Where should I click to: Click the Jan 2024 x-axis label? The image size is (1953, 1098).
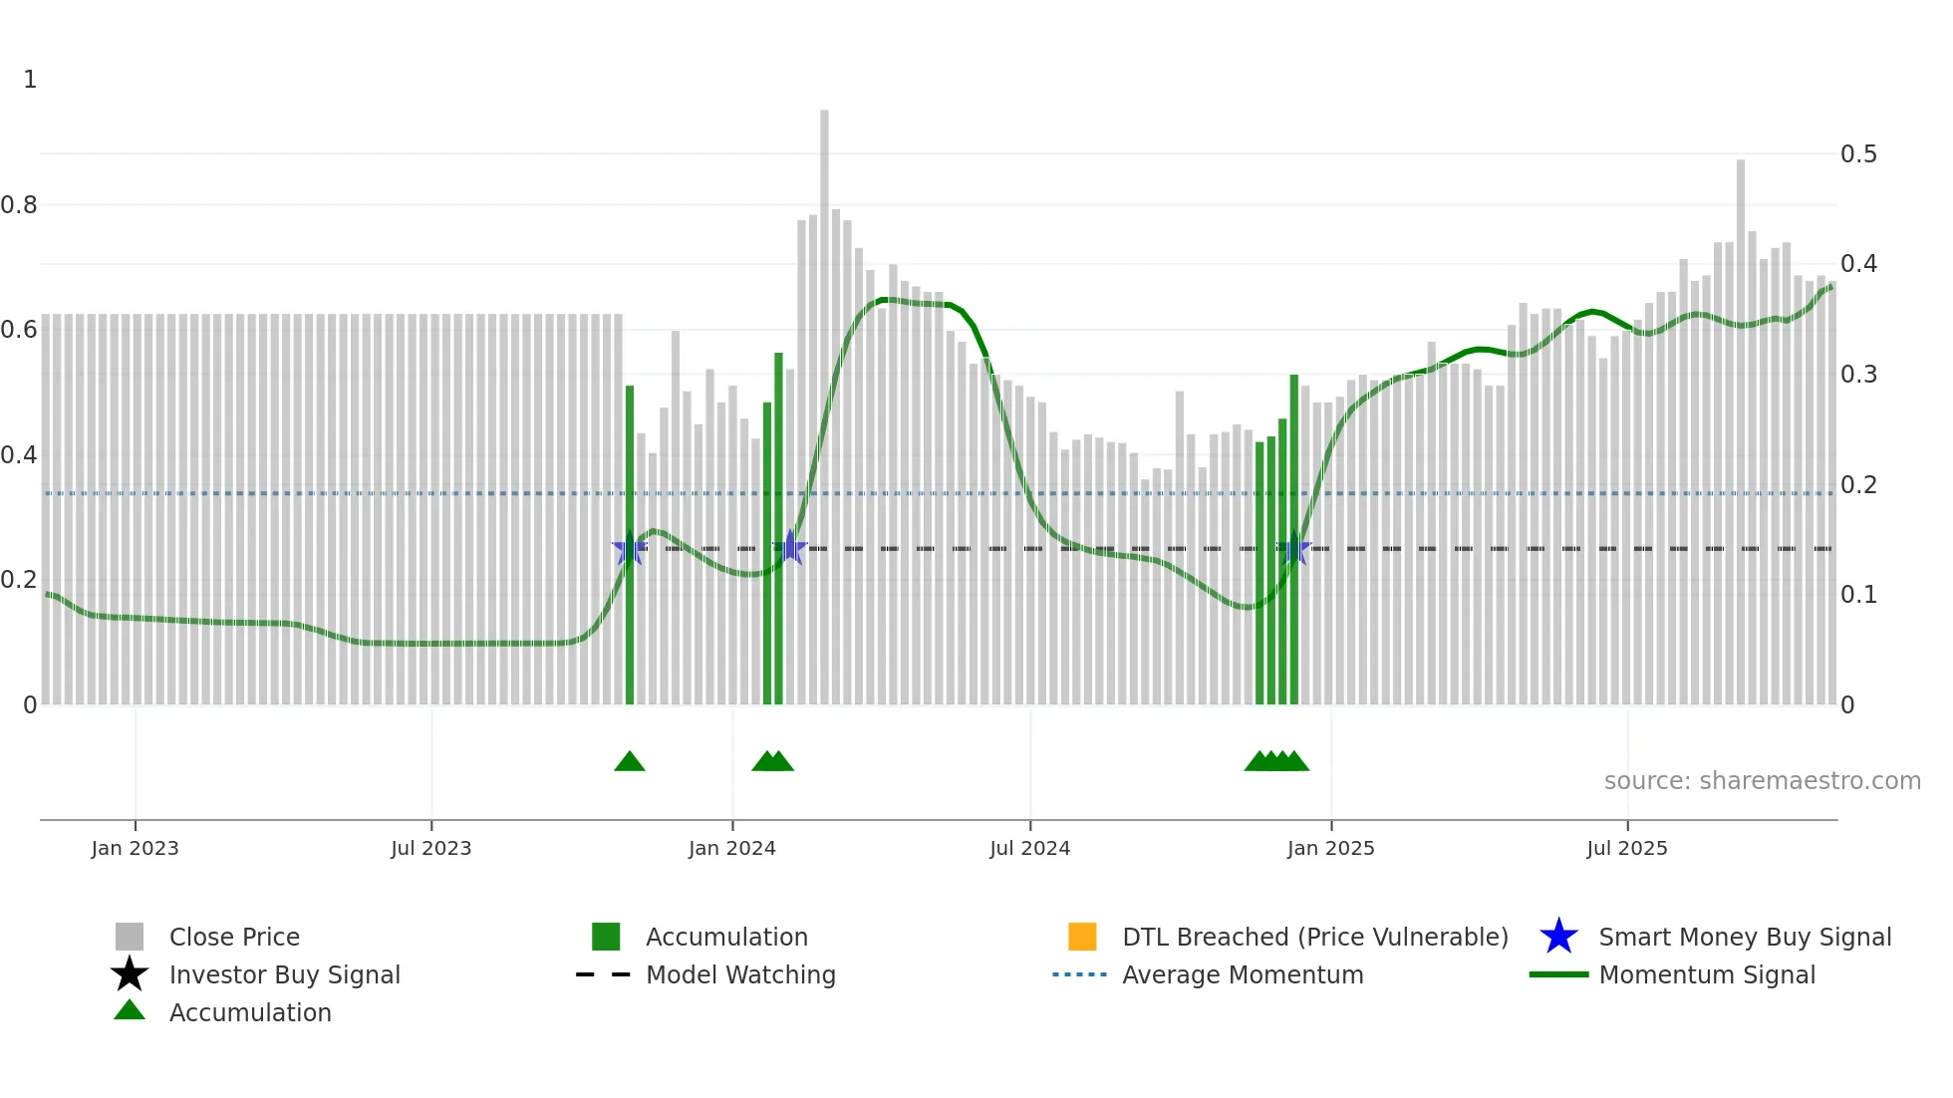(731, 849)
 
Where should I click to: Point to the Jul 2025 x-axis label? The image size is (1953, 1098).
(1626, 849)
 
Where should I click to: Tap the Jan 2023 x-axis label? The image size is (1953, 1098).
(135, 849)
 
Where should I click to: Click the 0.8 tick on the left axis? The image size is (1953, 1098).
(19, 205)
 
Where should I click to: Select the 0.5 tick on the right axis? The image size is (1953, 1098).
(1858, 154)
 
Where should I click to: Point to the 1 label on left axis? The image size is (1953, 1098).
(30, 80)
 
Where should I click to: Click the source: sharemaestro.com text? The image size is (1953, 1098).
(1762, 781)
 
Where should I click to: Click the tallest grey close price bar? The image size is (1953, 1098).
(824, 299)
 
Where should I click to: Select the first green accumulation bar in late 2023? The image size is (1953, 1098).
(630, 548)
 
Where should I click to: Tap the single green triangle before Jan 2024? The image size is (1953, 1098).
(630, 762)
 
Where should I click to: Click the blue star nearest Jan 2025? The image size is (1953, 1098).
(1294, 548)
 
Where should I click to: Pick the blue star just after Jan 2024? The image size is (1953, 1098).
(790, 547)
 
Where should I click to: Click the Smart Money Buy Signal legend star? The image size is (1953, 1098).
(1558, 937)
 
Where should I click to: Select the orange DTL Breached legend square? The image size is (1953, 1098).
(1082, 937)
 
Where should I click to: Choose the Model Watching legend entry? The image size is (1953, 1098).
(740, 975)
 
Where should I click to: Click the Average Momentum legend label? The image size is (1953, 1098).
(1243, 975)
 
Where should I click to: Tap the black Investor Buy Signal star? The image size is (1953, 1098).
(130, 974)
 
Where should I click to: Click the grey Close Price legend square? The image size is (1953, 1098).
(130, 937)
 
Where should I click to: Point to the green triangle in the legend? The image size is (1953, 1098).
(130, 1011)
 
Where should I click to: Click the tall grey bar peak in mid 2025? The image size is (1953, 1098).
(1741, 299)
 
